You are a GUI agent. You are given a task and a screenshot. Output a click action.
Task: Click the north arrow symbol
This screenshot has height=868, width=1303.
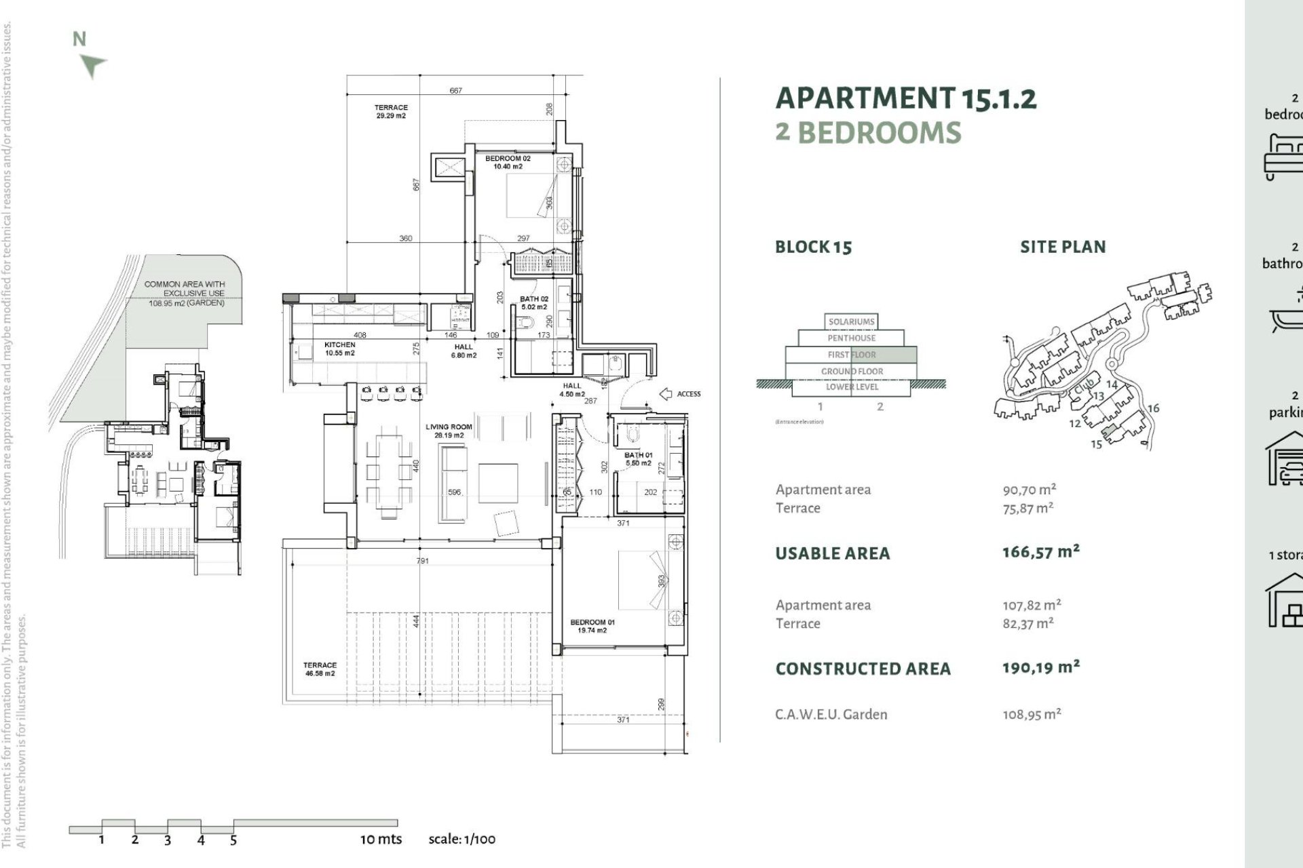tap(92, 66)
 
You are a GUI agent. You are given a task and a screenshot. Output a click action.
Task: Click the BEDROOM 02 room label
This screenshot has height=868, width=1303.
tap(508, 162)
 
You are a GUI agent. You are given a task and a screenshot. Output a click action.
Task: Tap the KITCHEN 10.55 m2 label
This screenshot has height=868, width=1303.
tap(339, 349)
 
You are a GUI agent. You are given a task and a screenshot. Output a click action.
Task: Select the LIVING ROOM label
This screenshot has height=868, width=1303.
tap(449, 431)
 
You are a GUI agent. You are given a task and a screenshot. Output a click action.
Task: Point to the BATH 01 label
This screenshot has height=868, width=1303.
tap(638, 458)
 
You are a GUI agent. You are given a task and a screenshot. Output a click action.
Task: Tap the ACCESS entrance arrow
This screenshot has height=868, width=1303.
tap(666, 394)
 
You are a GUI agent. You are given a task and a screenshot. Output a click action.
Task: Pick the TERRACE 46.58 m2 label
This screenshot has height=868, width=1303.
tap(320, 669)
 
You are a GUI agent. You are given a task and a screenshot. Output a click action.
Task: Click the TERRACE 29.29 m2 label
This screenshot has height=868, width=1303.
tap(391, 111)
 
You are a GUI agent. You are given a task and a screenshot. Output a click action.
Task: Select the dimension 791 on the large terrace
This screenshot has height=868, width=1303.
tap(422, 561)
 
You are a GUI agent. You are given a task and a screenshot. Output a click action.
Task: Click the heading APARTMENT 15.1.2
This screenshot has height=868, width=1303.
tap(905, 98)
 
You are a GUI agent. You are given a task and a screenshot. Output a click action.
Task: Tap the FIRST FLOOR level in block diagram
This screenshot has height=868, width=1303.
tap(851, 355)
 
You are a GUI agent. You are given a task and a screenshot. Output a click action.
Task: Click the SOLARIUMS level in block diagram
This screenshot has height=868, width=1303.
tap(851, 321)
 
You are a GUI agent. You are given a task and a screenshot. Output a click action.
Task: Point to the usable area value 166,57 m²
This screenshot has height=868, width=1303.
tap(1040, 552)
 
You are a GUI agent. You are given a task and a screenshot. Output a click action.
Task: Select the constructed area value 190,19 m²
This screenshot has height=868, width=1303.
tap(1040, 668)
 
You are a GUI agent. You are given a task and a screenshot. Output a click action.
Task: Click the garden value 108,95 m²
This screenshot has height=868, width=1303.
tap(1032, 714)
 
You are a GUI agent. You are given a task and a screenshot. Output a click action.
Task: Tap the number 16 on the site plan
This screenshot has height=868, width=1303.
tap(1153, 408)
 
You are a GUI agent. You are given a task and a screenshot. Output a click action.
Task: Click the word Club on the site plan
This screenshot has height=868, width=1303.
tap(1083, 389)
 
